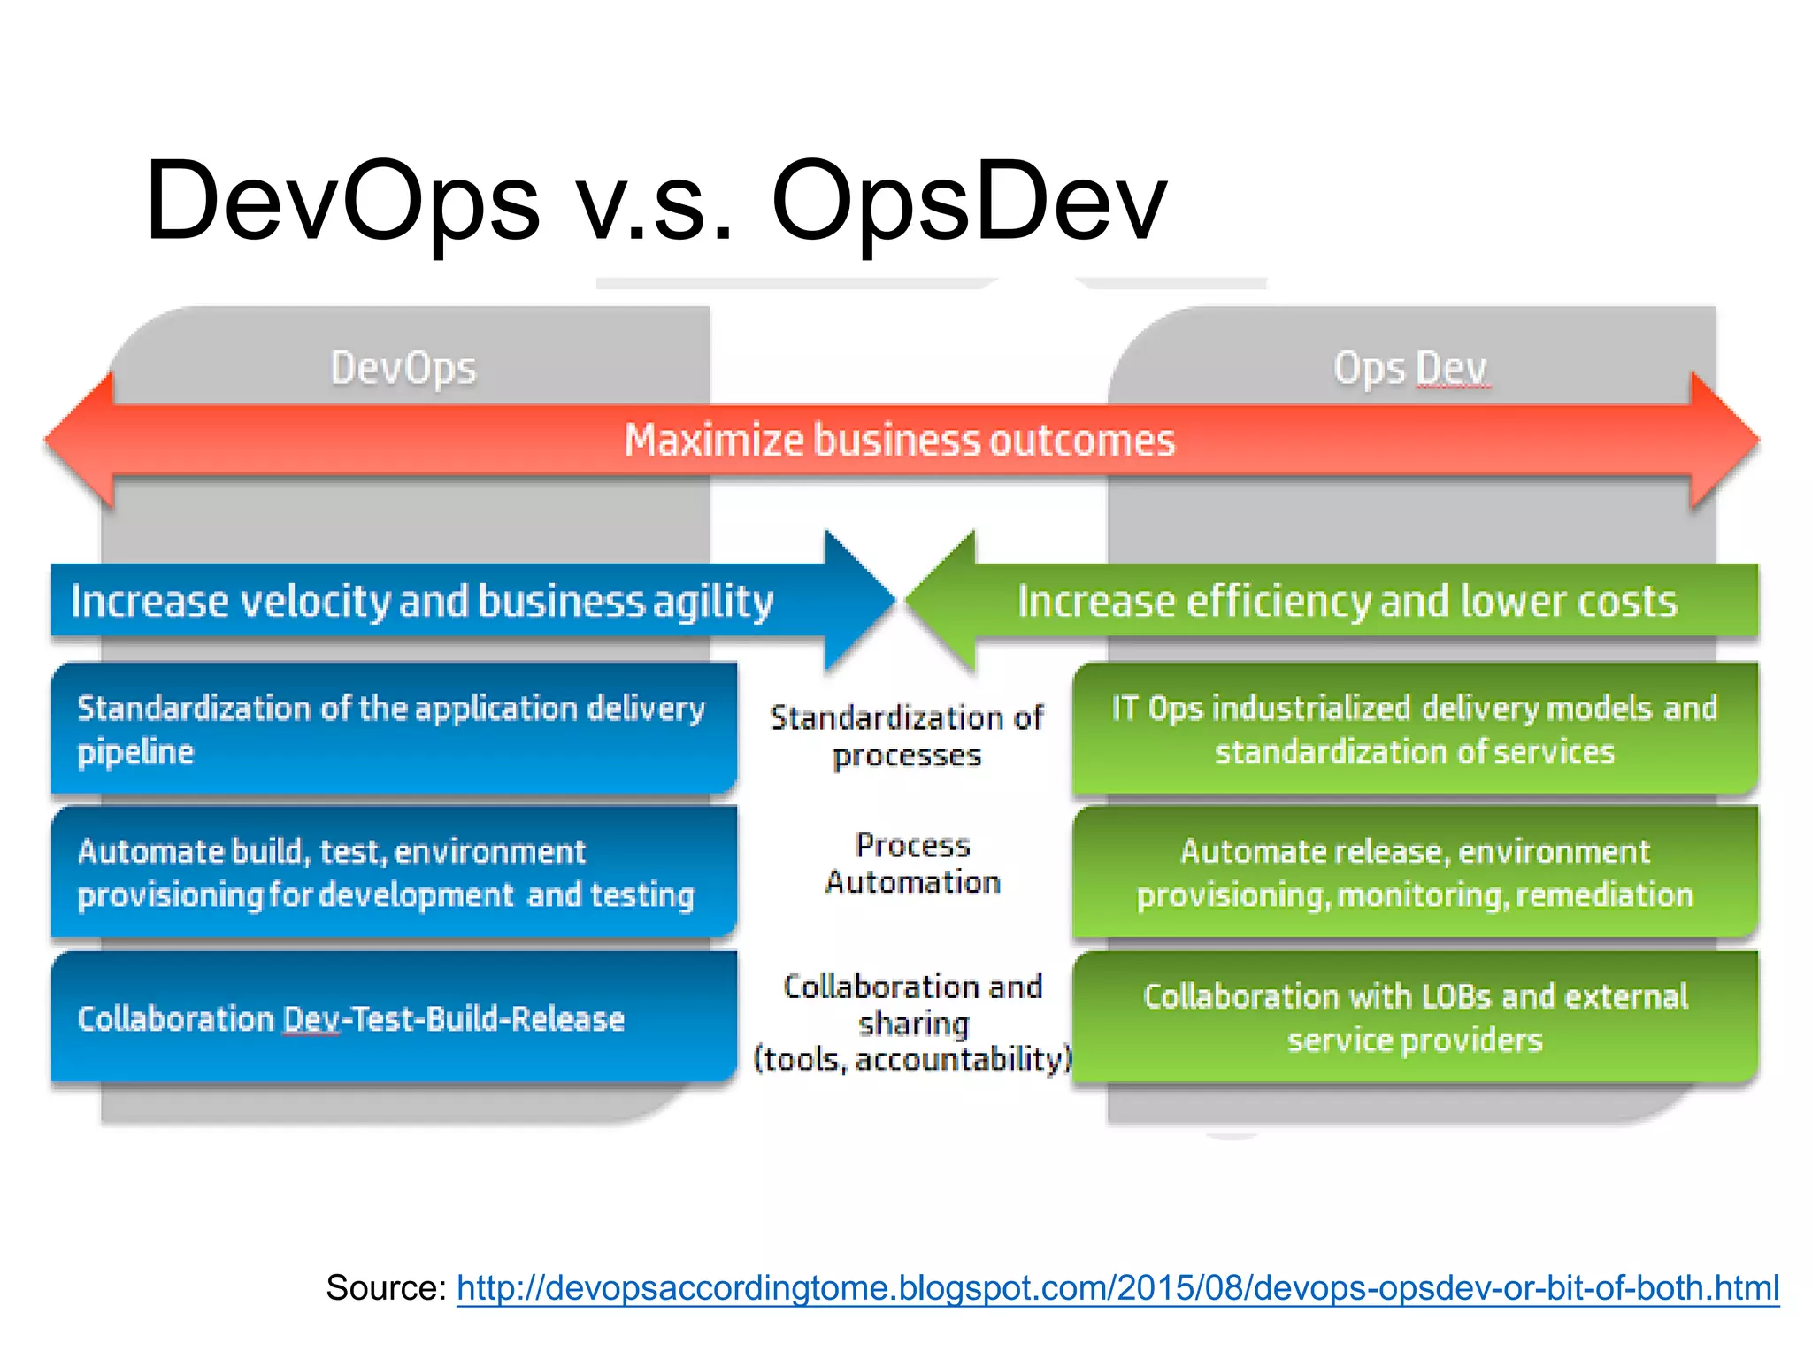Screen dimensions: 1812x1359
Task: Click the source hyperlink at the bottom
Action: coord(1117,1287)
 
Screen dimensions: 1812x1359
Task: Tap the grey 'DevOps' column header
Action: coord(403,368)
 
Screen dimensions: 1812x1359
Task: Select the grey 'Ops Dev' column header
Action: coord(1411,368)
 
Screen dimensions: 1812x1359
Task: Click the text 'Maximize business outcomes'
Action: coord(900,441)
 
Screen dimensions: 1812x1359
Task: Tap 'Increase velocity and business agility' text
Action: coord(422,602)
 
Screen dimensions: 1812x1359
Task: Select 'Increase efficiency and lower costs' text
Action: coord(1347,602)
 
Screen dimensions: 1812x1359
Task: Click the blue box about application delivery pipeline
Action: coord(394,729)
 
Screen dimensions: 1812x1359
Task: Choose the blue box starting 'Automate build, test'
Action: coord(394,872)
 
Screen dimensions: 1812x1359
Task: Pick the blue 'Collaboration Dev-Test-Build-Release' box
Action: coord(394,1017)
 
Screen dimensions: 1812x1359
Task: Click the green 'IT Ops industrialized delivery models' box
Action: coord(1415,729)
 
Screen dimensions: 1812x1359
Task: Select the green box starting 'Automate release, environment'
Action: coord(1415,872)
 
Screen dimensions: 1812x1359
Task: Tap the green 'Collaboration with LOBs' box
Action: coord(1415,1017)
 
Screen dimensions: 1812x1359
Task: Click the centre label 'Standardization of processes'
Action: coord(907,736)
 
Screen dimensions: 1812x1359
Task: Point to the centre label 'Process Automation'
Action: coord(912,864)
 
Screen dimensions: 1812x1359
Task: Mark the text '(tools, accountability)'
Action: coord(912,1059)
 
